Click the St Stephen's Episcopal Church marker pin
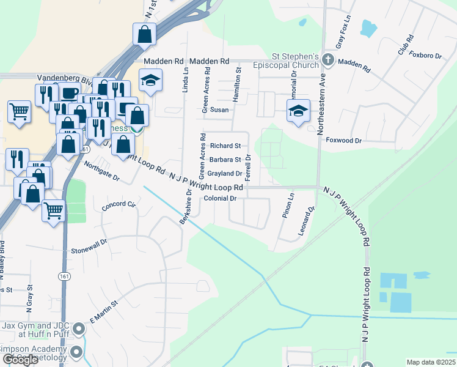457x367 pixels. pyautogui.click(x=328, y=60)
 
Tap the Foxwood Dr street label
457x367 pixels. pyautogui.click(x=344, y=140)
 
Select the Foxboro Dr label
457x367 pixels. pyautogui.click(x=426, y=56)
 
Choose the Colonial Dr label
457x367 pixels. pyautogui.click(x=220, y=199)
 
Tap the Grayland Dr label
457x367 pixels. pyautogui.click(x=225, y=174)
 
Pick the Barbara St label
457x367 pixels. pyautogui.click(x=225, y=160)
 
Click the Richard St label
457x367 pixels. pyautogui.click(x=225, y=146)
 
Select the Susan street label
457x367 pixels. pyautogui.click(x=219, y=110)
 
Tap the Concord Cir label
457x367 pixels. pyautogui.click(x=119, y=206)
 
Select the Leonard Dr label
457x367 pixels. pyautogui.click(x=307, y=221)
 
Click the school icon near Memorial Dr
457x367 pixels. pyautogui.click(x=298, y=111)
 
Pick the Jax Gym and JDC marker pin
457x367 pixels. pyautogui.click(x=78, y=330)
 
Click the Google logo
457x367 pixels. pyautogui.click(x=20, y=360)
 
